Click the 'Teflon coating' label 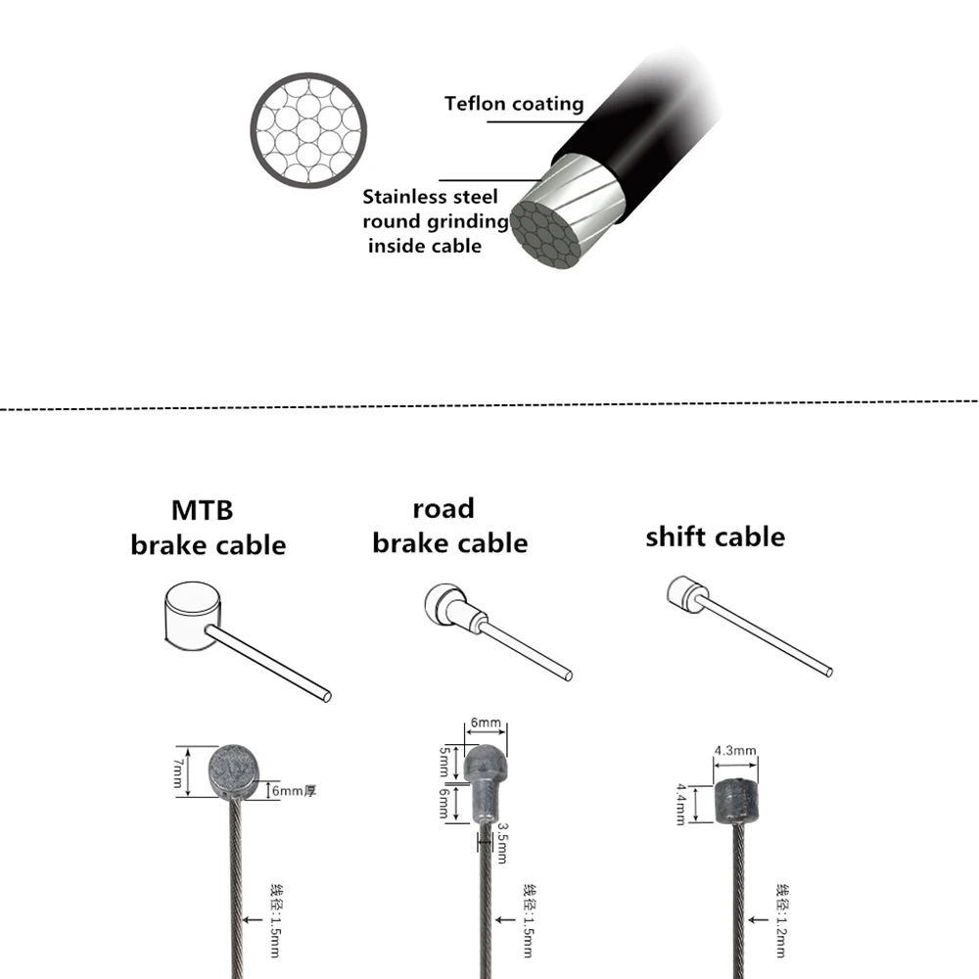pyautogui.click(x=514, y=104)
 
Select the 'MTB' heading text pyautogui.click(x=203, y=510)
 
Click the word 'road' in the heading pyautogui.click(x=443, y=508)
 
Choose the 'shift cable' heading pyautogui.click(x=715, y=536)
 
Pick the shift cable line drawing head pyautogui.click(x=685, y=593)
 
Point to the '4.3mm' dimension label pyautogui.click(x=735, y=751)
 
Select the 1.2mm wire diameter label pyautogui.click(x=782, y=920)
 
